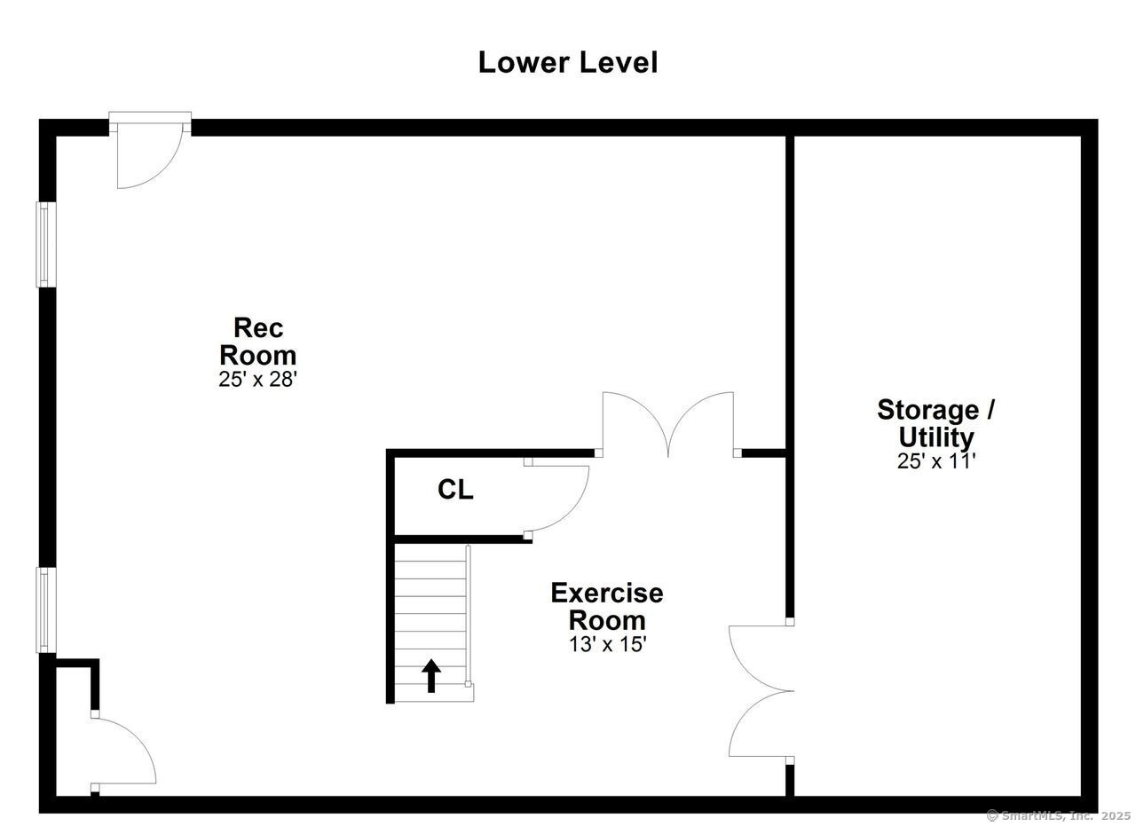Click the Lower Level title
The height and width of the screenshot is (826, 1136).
point(567,63)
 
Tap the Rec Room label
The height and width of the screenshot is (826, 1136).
point(257,342)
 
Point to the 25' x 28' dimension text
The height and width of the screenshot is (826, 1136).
point(257,379)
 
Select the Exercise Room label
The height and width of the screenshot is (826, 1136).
point(607,607)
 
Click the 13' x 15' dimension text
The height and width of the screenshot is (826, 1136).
point(608,644)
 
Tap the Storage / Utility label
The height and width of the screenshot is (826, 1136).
point(936,423)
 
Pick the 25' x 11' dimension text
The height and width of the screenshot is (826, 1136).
point(936,461)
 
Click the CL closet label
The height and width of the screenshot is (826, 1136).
point(455,490)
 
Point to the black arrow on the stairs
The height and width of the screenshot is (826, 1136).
point(431,675)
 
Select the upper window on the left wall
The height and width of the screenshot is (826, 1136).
point(45,244)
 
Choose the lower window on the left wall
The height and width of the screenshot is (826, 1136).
point(45,610)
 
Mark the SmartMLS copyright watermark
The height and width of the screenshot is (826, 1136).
point(1059,816)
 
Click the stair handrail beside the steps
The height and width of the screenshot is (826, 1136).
point(468,617)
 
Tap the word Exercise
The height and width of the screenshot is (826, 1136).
point(607,594)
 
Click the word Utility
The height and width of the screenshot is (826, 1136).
point(936,437)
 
